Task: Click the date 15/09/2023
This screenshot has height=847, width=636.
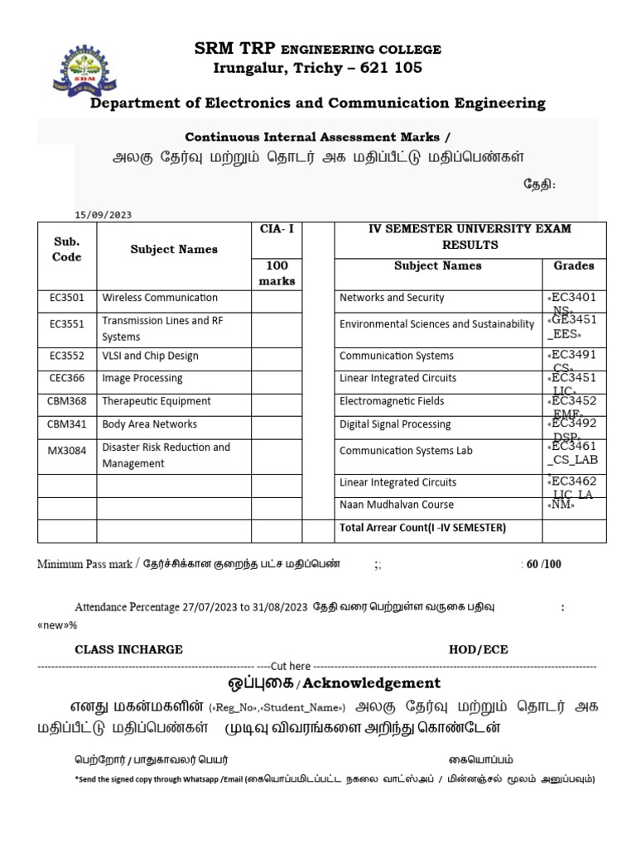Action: click(104, 215)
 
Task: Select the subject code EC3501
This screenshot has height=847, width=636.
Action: click(67, 298)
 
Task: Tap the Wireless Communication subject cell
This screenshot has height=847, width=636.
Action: click(160, 298)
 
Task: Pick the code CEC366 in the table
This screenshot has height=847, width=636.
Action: click(67, 378)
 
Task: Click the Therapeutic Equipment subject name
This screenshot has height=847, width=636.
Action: click(157, 401)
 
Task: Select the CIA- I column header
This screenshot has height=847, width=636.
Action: click(277, 228)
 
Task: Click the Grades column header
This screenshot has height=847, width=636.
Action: click(573, 266)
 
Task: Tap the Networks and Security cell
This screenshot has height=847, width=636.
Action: click(392, 298)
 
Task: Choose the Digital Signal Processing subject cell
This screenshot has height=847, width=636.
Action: click(395, 424)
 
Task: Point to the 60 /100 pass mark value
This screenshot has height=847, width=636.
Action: click(544, 564)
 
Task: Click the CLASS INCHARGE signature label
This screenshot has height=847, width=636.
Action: click(129, 649)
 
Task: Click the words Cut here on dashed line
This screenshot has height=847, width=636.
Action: click(290, 666)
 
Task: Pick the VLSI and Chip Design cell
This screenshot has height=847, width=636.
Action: click(150, 356)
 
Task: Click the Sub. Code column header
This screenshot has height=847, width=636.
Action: click(67, 249)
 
